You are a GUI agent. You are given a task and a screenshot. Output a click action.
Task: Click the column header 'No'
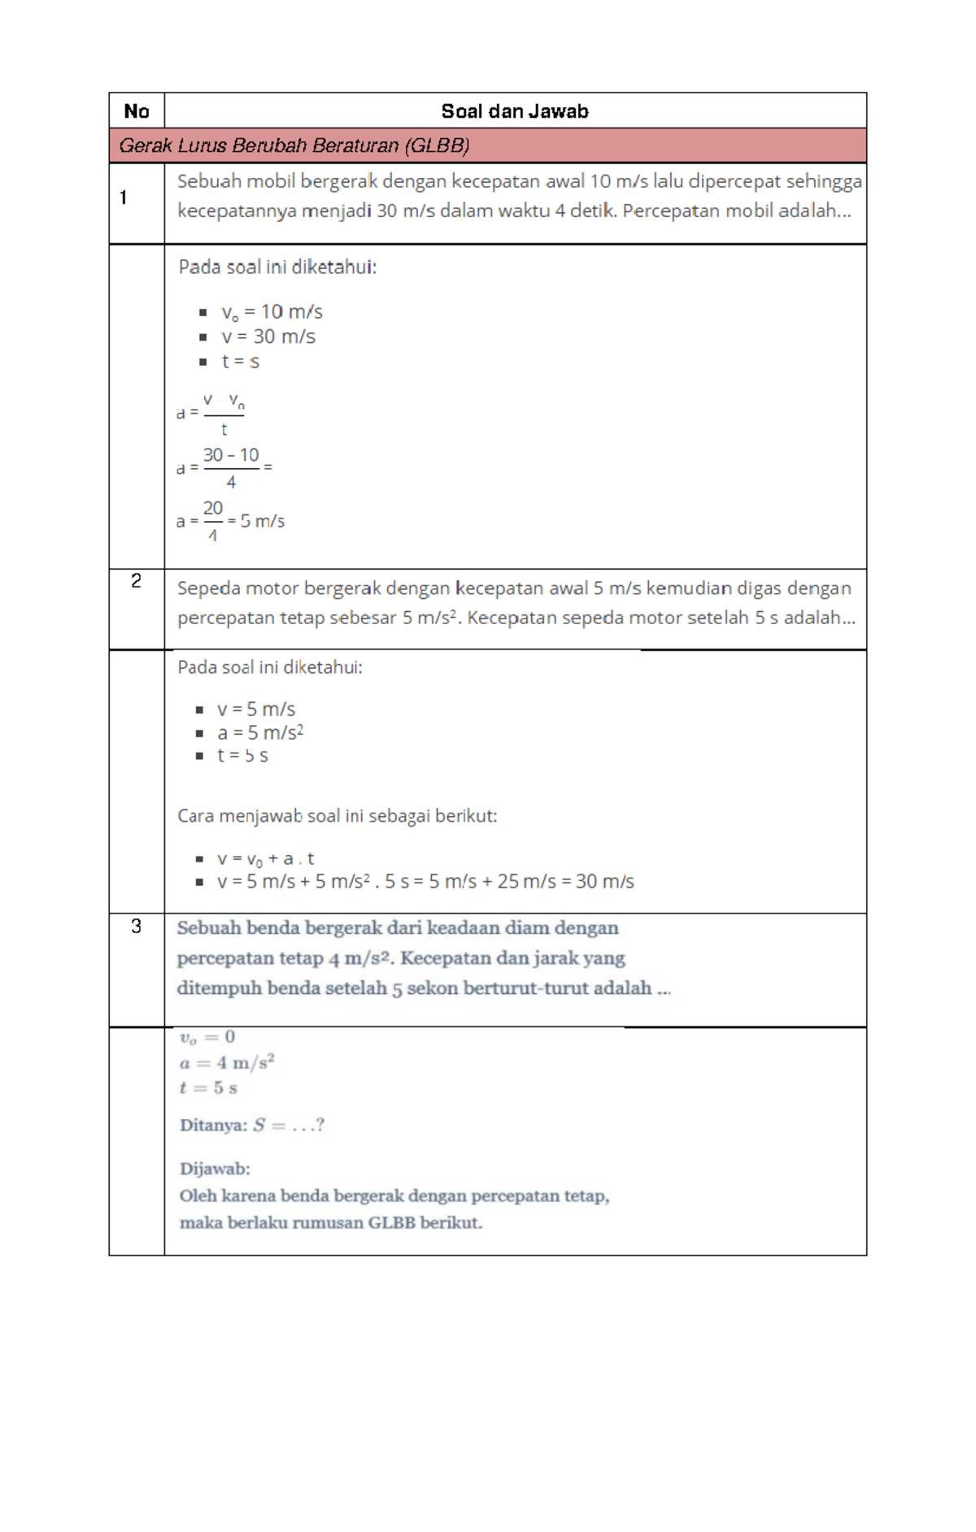pyautogui.click(x=137, y=111)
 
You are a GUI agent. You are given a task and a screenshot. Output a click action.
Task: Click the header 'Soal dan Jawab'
pyautogui.click(x=514, y=111)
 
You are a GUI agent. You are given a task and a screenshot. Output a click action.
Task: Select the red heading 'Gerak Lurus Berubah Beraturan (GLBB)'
pyautogui.click(x=294, y=145)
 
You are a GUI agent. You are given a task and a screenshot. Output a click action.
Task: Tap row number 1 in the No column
pyautogui.click(x=124, y=197)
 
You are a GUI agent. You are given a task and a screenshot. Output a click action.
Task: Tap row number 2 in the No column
pyautogui.click(x=136, y=580)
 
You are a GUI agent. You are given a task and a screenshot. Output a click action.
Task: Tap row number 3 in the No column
pyautogui.click(x=136, y=926)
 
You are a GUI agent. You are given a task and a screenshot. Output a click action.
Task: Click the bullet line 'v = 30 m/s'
pyautogui.click(x=268, y=336)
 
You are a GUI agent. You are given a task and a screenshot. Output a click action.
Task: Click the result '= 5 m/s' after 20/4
pyautogui.click(x=256, y=521)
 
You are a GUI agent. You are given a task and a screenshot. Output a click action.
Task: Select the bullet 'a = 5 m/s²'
pyautogui.click(x=259, y=732)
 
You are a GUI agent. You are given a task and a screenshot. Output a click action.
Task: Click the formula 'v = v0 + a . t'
pyautogui.click(x=265, y=859)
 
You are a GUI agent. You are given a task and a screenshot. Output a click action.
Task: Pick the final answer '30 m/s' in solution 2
pyautogui.click(x=604, y=881)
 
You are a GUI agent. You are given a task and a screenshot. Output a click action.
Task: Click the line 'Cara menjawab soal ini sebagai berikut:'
pyautogui.click(x=337, y=816)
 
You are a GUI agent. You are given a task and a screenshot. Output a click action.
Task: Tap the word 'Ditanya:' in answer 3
pyautogui.click(x=213, y=1126)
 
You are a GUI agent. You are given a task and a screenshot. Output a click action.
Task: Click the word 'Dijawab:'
pyautogui.click(x=215, y=1169)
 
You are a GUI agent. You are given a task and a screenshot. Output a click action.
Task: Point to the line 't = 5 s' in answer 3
pyautogui.click(x=208, y=1087)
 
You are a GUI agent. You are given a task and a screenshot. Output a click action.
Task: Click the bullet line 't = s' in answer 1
pyautogui.click(x=240, y=362)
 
